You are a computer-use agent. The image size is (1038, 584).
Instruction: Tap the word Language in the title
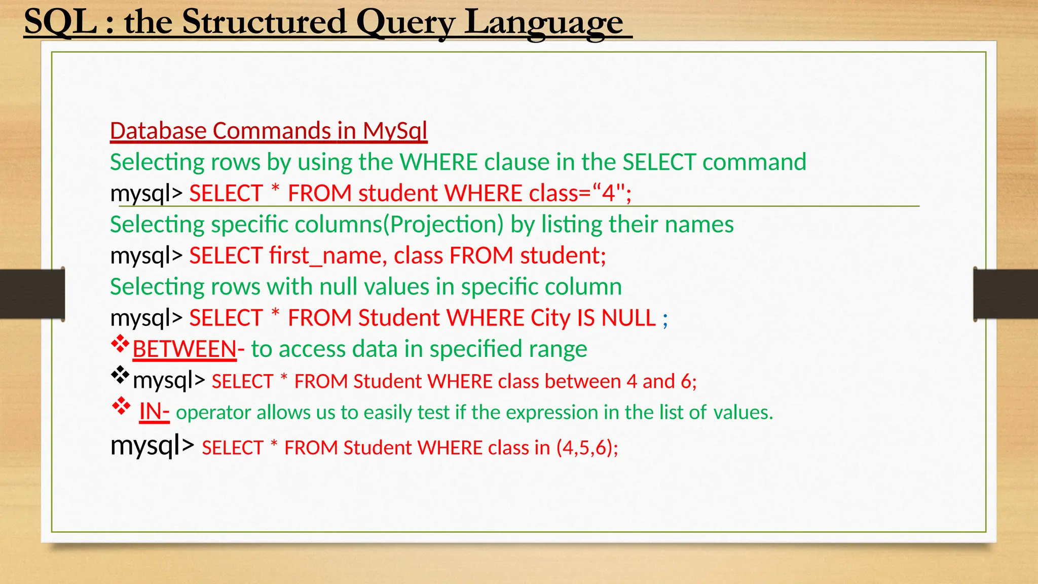point(544,23)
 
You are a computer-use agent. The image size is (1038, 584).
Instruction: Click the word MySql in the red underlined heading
point(395,131)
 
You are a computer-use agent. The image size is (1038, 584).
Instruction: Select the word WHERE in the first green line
point(438,162)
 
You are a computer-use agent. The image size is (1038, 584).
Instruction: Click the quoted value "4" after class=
point(608,193)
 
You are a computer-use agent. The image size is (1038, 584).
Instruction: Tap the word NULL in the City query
point(628,318)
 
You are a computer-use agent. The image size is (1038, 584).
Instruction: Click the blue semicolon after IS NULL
point(665,319)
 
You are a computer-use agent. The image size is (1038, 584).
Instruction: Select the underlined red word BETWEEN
point(184,349)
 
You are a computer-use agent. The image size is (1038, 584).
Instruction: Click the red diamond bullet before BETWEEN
point(120,345)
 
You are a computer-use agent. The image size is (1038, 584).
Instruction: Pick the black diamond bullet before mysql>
point(120,375)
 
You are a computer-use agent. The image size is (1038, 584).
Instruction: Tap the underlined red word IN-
point(154,412)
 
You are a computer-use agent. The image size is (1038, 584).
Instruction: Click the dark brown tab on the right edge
point(1006,294)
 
